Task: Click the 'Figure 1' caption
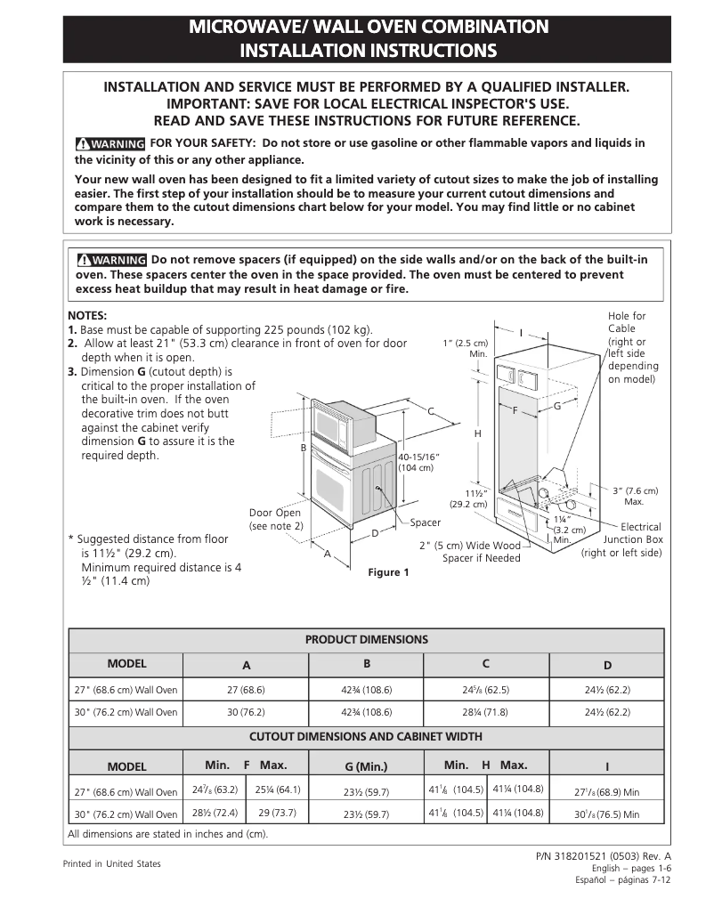389,572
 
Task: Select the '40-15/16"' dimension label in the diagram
418,462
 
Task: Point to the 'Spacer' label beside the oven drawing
425,522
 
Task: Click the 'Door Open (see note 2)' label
275,519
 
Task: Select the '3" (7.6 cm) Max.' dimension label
636,496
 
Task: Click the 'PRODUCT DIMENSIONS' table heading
366,639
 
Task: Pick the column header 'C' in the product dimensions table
485,664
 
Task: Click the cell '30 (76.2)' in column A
246,712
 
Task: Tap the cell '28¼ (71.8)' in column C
485,712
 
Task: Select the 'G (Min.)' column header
366,765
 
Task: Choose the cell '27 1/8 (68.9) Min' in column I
606,790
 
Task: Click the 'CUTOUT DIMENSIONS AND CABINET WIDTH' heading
366,737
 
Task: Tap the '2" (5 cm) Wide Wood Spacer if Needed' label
469,552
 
